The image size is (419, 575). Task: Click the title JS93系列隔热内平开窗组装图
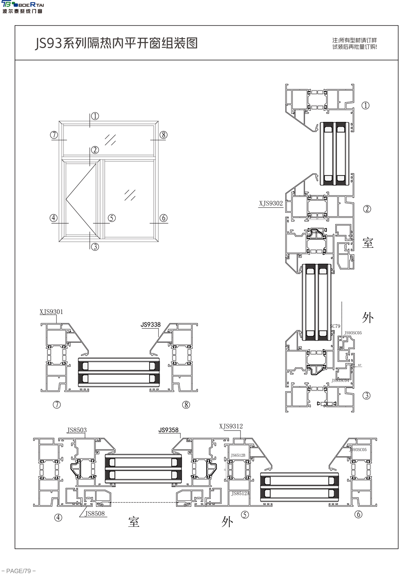116,43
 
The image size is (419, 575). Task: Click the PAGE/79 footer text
19,571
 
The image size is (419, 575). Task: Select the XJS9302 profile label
271,204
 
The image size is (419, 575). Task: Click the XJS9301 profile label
51,312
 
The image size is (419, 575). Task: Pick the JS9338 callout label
150,325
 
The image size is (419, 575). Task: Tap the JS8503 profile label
77,430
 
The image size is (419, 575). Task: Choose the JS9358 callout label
168,430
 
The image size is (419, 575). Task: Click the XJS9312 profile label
231,426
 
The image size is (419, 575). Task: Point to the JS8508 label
95,514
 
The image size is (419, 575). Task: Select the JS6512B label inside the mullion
238,455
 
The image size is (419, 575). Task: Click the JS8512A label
240,494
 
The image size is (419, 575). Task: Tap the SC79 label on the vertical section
335,326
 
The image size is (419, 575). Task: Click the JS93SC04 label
340,381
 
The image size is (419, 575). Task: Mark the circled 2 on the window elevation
95,150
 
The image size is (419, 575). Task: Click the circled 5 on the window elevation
111,218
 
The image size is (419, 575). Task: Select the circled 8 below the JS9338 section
186,405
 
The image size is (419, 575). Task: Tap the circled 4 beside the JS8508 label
58,518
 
